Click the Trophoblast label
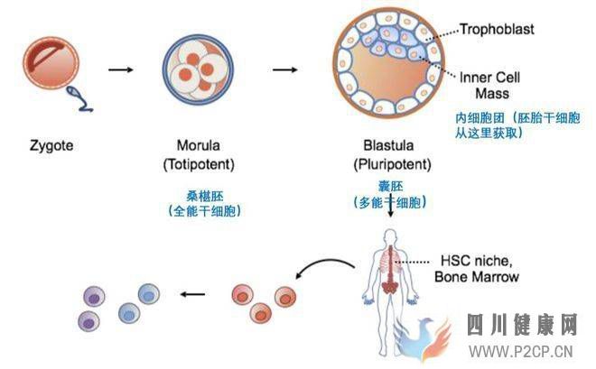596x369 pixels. [497, 30]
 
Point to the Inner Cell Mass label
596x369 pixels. [492, 84]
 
